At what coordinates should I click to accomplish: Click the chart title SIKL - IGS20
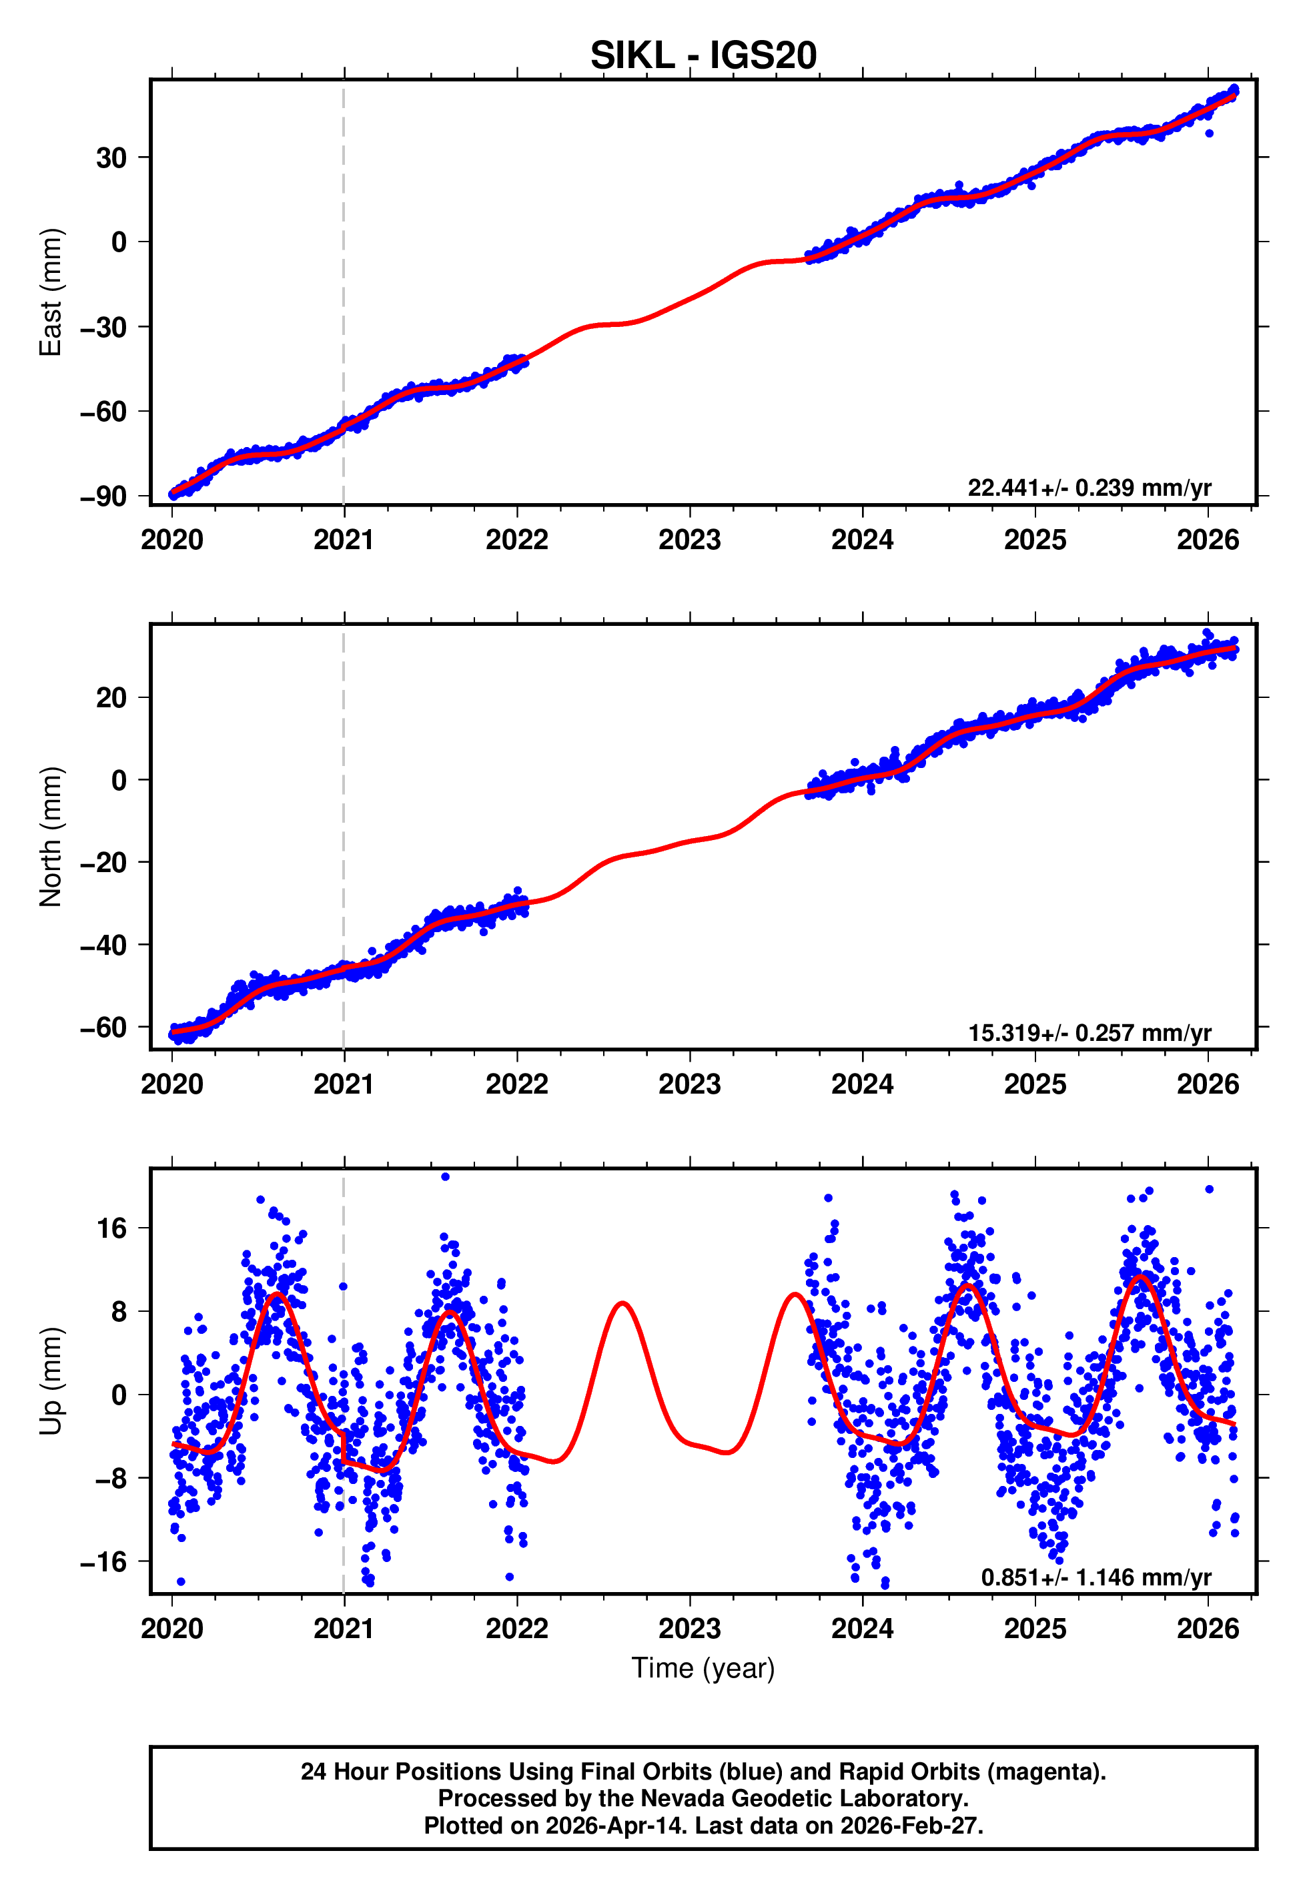(703, 56)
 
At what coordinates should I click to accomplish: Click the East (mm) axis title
(51, 292)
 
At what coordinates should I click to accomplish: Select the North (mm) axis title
(51, 837)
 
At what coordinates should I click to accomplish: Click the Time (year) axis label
(703, 1668)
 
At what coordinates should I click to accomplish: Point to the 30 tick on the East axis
(111, 157)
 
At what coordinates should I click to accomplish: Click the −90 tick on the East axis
(103, 496)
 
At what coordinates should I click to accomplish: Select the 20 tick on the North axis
(111, 698)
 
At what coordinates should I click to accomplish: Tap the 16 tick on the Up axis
(111, 1228)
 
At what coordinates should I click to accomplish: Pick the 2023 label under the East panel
(689, 540)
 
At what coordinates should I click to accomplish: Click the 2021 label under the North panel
(344, 1084)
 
